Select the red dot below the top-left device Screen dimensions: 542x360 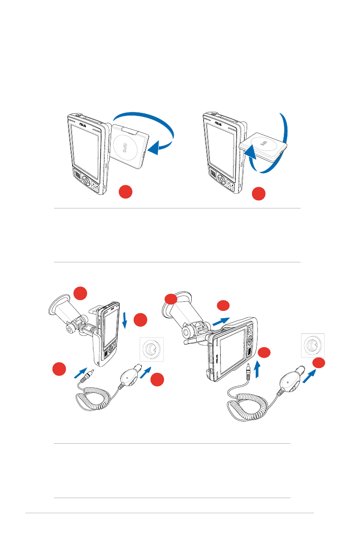pyautogui.click(x=126, y=192)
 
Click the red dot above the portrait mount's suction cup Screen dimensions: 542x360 pyautogui.click(x=80, y=292)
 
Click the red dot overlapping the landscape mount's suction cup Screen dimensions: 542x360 pyautogui.click(x=170, y=299)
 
